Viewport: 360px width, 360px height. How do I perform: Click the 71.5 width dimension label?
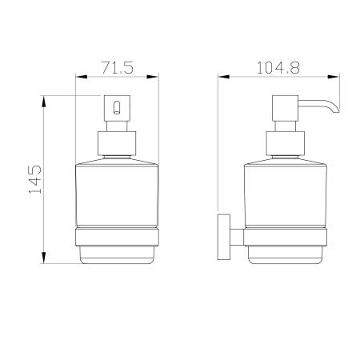118,68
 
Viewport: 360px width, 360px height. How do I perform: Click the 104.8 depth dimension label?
278,68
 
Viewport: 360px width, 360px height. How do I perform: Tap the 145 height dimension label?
35,179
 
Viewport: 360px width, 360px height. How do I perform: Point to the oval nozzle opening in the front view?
117,107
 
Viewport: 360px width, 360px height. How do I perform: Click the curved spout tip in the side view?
335,109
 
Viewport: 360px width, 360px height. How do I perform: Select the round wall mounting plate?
224,237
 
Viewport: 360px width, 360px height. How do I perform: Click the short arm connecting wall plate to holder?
237,237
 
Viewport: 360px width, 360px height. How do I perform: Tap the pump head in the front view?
117,108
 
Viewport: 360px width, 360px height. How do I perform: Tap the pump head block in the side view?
285,108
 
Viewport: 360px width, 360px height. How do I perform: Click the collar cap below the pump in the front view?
117,143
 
